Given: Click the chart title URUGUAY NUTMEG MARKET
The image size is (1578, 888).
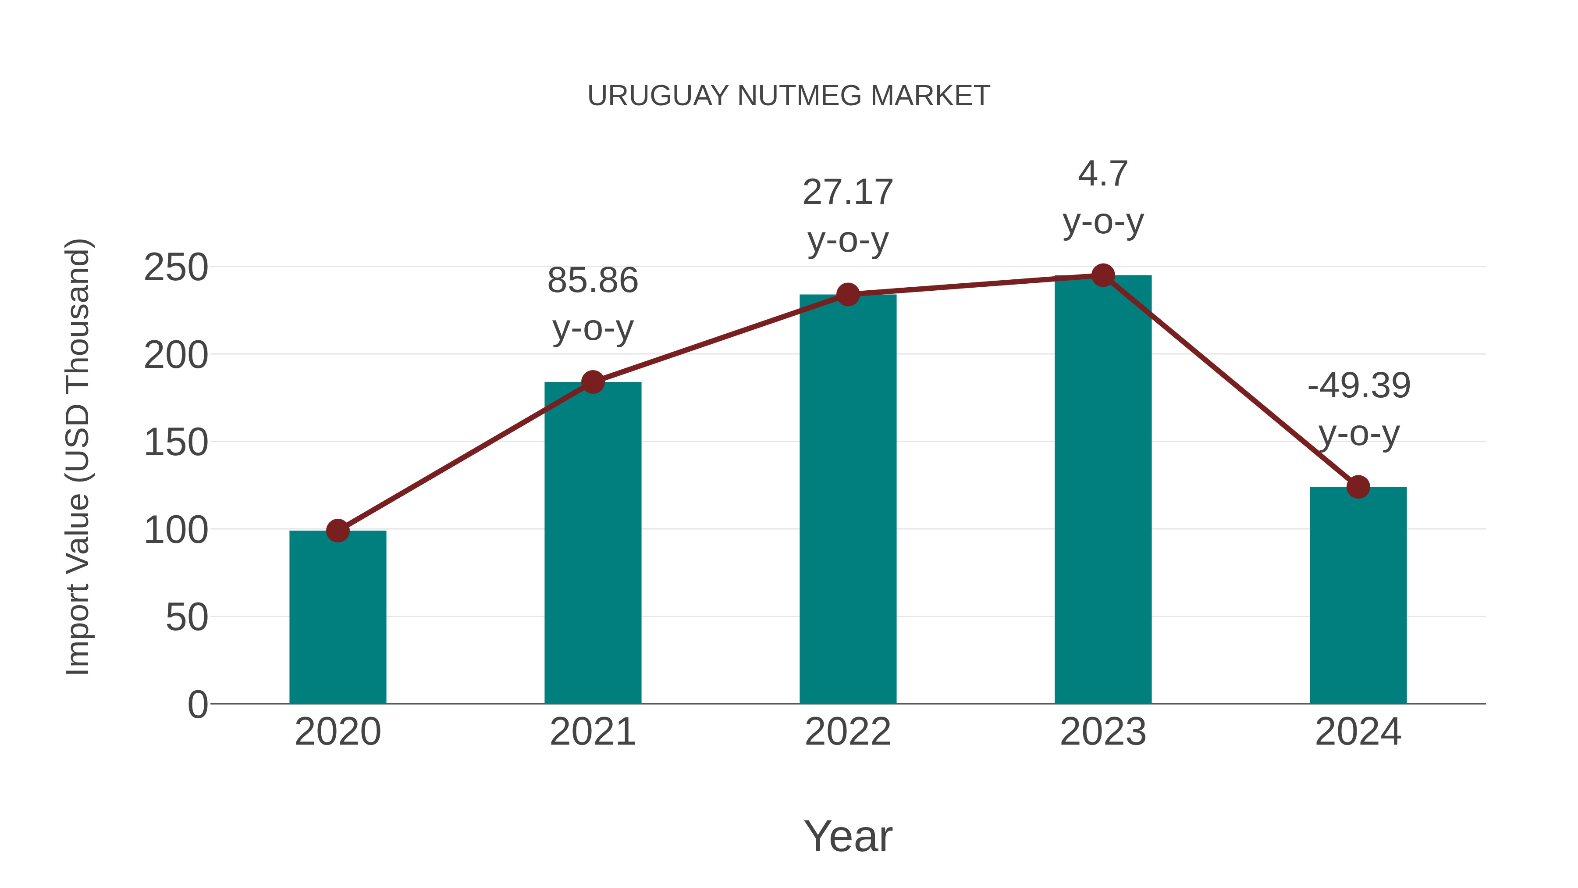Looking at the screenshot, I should (789, 96).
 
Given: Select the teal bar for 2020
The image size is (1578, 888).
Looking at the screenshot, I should (338, 619).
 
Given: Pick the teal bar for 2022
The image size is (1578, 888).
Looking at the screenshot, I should (847, 503).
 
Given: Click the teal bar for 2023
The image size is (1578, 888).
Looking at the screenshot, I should (1103, 490).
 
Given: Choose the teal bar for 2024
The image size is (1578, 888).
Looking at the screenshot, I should (1358, 598).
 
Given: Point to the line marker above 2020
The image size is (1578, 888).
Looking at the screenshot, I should (338, 531).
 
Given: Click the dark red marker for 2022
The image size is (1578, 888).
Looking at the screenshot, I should (847, 295).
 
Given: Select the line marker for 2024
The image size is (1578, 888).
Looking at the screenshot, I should (1358, 487).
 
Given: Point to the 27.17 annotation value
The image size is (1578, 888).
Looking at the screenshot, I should (847, 193).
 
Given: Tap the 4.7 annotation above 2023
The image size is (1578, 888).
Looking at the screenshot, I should (1103, 175).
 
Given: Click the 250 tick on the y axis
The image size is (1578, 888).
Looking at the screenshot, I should (176, 268).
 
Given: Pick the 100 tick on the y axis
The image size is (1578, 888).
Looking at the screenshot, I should (176, 530).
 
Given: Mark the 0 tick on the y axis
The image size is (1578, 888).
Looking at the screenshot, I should (197, 705).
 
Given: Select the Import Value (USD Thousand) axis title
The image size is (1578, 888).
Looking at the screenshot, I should (78, 456).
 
